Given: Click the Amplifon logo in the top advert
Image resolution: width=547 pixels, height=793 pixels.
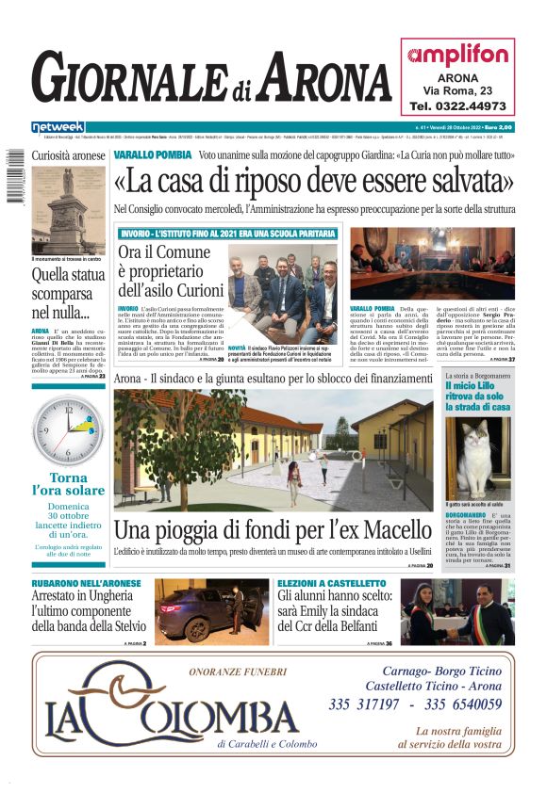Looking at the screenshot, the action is (x=457, y=55).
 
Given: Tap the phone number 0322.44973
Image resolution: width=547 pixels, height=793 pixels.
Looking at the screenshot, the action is (x=457, y=106).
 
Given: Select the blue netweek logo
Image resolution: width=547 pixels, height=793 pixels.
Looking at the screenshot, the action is (x=58, y=126).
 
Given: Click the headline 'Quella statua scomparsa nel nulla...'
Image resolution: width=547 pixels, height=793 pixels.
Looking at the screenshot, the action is (x=68, y=293).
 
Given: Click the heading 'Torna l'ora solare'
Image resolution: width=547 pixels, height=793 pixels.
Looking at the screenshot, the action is (x=68, y=484).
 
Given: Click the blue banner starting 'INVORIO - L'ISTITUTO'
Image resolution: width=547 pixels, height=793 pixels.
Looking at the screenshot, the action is (x=226, y=233).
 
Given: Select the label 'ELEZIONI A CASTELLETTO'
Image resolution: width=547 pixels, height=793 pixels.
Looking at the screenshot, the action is (x=332, y=584).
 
